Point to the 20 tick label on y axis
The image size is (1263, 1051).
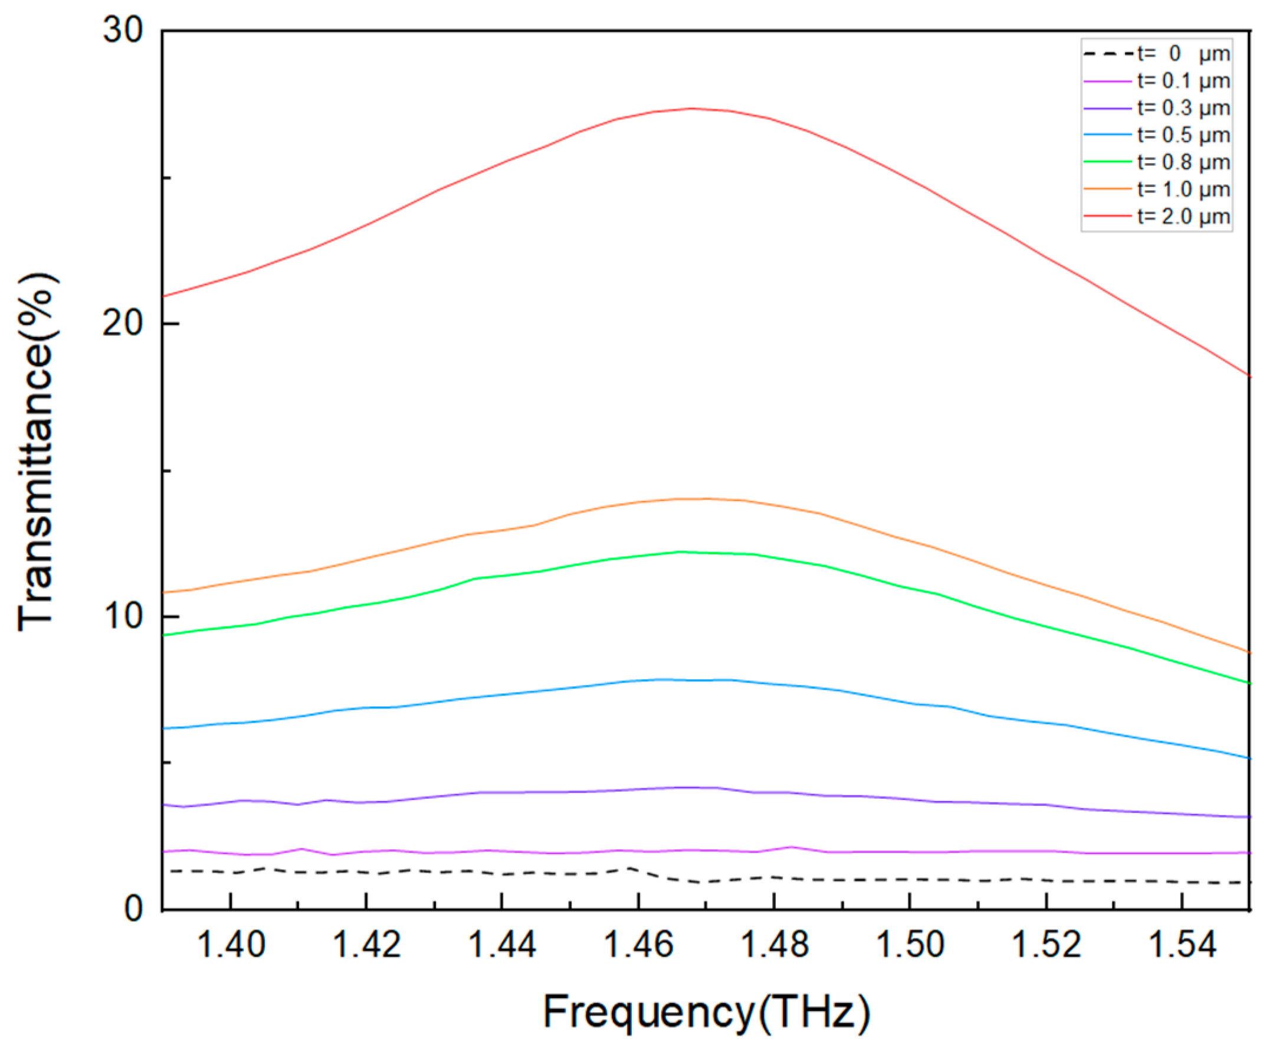[x=123, y=323]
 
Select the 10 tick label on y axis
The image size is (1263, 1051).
[x=123, y=616]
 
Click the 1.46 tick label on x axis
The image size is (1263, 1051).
[x=638, y=944]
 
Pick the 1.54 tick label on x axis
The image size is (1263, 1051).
[x=1182, y=944]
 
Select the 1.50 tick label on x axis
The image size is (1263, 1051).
[x=911, y=944]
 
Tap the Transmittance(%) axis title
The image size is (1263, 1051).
[x=37, y=452]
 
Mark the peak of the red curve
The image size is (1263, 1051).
[x=693, y=109]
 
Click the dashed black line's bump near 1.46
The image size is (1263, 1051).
[x=629, y=868]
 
